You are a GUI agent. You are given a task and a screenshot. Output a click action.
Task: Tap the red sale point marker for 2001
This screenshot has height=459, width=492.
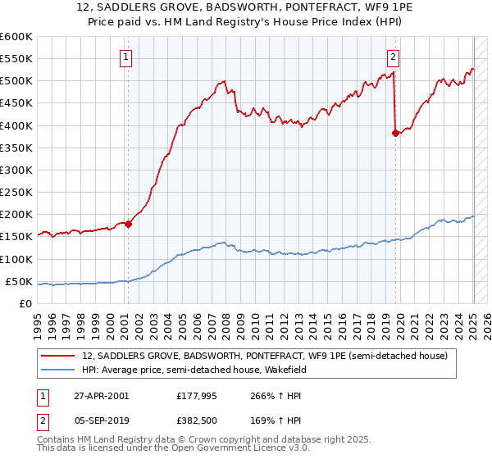click(x=129, y=224)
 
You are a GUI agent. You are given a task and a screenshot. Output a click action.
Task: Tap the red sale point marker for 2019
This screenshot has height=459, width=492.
click(x=396, y=133)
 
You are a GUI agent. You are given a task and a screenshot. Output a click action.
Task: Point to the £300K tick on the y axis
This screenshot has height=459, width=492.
click(x=17, y=170)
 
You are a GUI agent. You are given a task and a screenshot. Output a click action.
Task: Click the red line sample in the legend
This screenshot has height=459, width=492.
click(x=59, y=356)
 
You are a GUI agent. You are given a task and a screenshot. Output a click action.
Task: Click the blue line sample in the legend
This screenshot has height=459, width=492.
click(x=59, y=370)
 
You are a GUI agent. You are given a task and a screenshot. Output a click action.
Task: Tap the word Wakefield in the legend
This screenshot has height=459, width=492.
click(x=302, y=370)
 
